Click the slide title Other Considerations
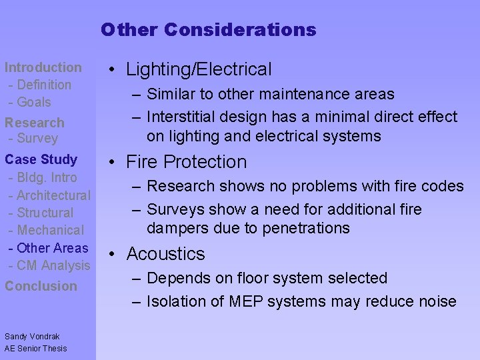coord(209,30)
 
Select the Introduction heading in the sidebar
coord(43,67)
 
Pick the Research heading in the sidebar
coord(35,123)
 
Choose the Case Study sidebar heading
coord(41,159)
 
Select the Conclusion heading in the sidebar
coord(41,286)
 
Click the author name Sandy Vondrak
coord(32,337)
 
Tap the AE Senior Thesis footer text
coord(35,348)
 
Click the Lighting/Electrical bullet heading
coord(199,69)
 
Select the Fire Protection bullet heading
coord(186,162)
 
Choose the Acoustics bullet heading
coord(165,254)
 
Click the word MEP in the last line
coord(246,301)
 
